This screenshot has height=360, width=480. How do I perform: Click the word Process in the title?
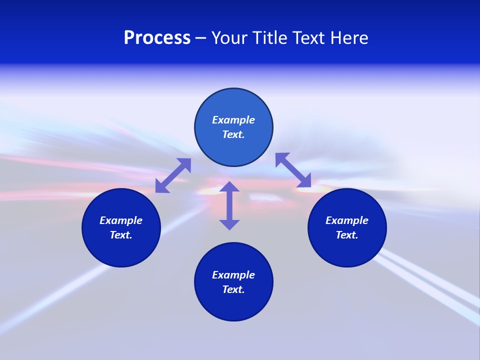point(157,38)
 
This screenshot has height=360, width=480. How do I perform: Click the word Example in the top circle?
point(233,120)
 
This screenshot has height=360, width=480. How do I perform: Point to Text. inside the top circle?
point(233,134)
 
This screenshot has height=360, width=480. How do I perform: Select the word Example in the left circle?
point(121,220)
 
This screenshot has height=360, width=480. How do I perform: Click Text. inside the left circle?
point(121,235)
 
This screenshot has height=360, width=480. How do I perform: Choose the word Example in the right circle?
point(347,220)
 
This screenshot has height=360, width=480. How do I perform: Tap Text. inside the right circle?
point(347,235)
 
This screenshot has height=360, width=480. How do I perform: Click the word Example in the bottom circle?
point(233,275)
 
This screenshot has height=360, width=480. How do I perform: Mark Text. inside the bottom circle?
point(233,289)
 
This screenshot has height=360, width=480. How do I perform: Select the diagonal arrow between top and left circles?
point(173,175)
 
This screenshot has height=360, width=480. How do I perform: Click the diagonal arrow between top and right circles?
point(293,170)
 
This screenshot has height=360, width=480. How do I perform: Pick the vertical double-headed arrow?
point(229,205)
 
